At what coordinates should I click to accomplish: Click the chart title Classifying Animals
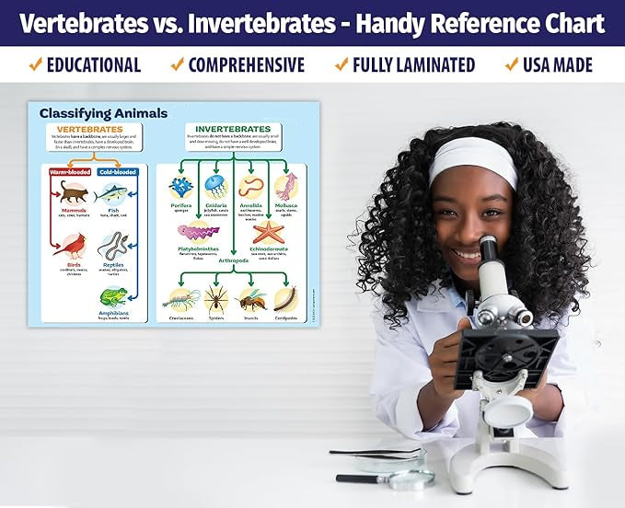(103, 113)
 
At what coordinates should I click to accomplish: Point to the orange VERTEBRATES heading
(90, 129)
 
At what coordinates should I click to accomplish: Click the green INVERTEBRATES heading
(233, 129)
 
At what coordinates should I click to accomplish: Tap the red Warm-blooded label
(69, 171)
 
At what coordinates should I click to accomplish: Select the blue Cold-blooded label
(117, 171)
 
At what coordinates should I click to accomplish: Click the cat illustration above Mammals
(74, 191)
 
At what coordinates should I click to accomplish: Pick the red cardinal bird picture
(69, 245)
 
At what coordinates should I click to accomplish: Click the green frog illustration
(113, 297)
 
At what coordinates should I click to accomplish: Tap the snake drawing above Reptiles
(112, 245)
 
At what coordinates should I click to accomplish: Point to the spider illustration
(216, 297)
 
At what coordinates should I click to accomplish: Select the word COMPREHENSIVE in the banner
(246, 64)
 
